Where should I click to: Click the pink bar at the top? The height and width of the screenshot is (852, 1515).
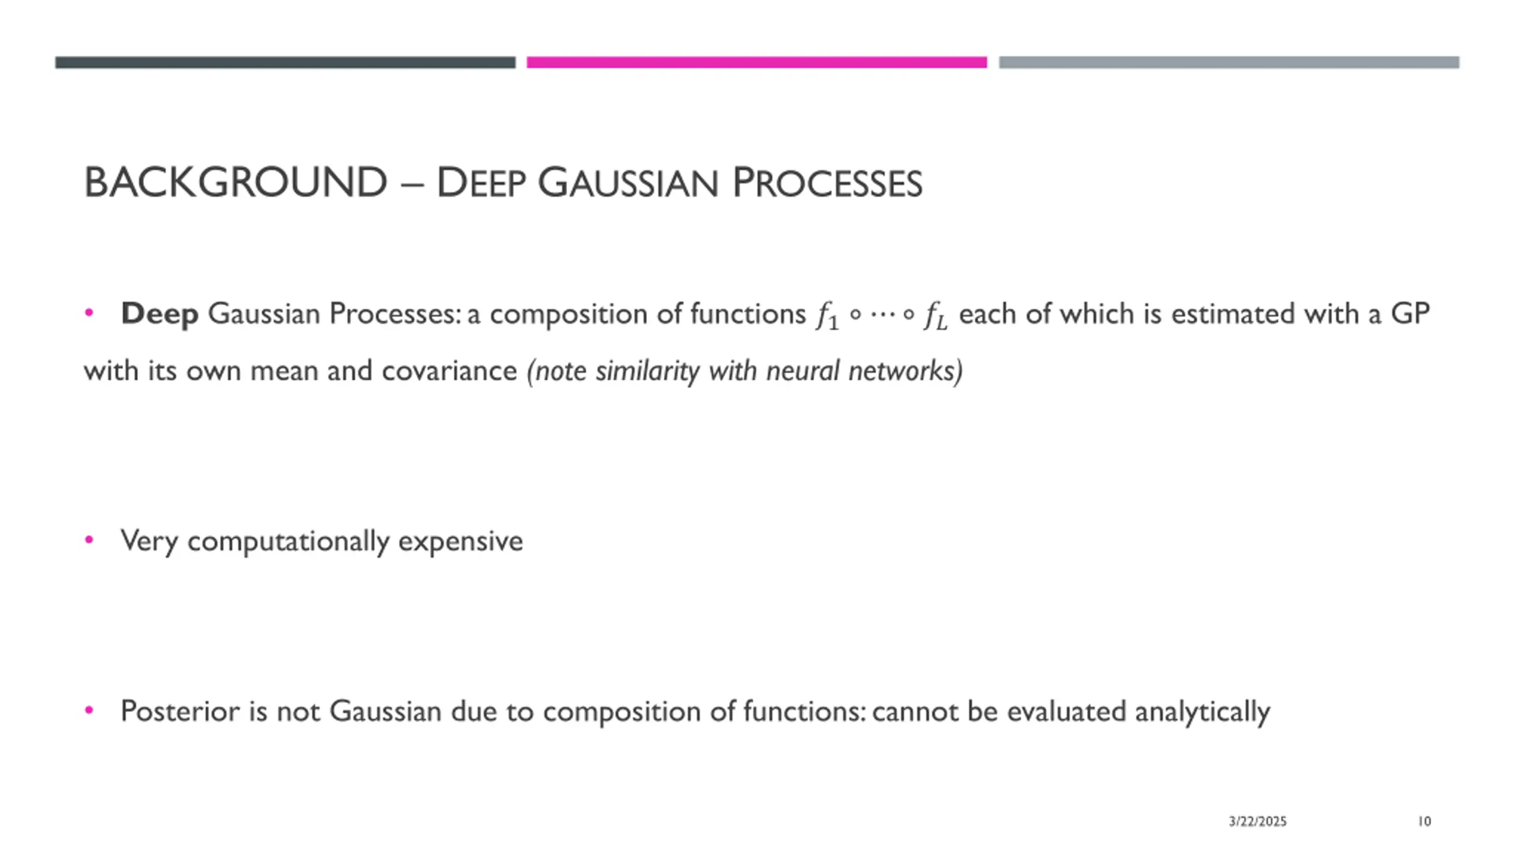point(756,62)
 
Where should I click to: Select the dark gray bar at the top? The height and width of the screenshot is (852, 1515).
point(285,62)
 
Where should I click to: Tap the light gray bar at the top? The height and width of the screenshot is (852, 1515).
point(1229,62)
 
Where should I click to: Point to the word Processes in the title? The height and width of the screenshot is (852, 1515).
point(827,183)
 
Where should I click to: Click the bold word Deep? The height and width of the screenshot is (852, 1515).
point(159,314)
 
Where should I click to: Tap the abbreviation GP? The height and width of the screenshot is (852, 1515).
point(1410,314)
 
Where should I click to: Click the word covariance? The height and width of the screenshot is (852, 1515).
point(449,371)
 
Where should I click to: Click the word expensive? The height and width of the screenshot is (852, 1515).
point(460,541)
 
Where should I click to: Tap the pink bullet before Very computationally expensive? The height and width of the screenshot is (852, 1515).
point(89,540)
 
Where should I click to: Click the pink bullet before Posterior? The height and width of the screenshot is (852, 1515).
point(89,710)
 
